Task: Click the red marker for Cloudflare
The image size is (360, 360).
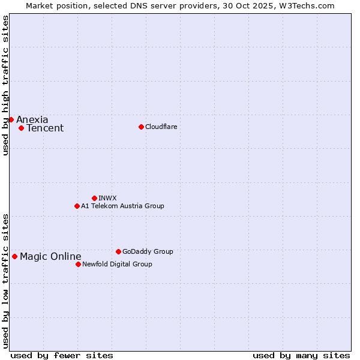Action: pos(141,127)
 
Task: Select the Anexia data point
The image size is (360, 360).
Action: pos(11,119)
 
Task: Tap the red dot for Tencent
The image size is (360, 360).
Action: pos(21,128)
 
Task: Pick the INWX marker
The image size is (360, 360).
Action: pos(94,198)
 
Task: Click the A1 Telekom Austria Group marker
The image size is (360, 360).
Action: pos(77,206)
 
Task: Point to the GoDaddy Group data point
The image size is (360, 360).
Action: pos(118,251)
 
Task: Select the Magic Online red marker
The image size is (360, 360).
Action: pos(14,256)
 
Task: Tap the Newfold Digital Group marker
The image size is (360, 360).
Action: pos(78,264)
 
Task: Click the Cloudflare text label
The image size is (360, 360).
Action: pos(161,127)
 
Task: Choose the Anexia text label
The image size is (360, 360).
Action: pos(32,119)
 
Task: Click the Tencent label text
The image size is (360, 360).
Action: pos(45,128)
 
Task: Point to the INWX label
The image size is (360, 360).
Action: pos(107,198)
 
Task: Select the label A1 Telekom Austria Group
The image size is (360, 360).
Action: pos(122,206)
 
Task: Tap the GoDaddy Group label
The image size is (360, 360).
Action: pos(148,251)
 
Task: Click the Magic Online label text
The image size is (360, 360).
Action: pos(50,257)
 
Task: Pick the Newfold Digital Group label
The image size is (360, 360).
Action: pos(117,264)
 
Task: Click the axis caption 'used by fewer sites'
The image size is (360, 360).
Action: pos(62,355)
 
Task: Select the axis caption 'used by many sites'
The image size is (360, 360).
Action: pos(301,355)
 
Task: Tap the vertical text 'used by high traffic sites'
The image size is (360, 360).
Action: pos(6,85)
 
